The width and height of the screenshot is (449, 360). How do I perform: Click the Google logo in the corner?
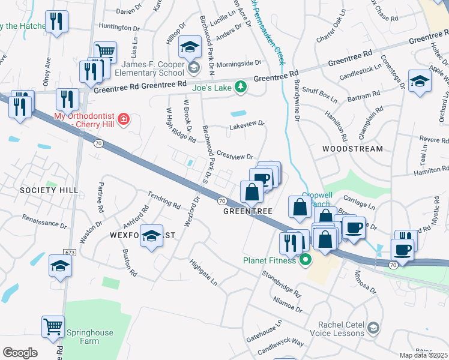pos(20,353)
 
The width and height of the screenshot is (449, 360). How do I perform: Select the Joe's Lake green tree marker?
pos(241,87)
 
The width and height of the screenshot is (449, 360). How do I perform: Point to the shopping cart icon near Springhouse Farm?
pos(53,327)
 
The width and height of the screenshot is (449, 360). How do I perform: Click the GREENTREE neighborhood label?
pos(248,211)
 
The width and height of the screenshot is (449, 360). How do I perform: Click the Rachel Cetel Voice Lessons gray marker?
pos(374,327)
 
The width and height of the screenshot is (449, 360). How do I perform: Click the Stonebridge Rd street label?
pos(281,283)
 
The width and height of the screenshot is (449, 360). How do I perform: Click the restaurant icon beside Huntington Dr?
pos(57,22)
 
